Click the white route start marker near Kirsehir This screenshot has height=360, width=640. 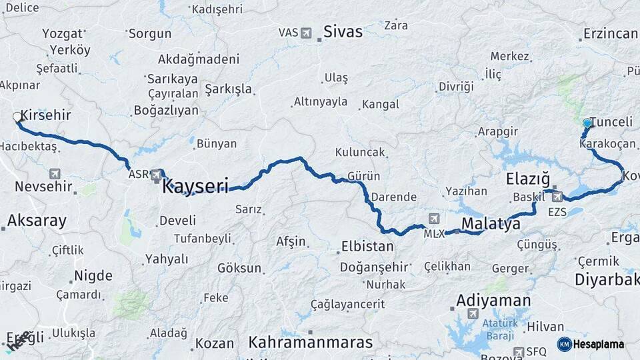(17, 117)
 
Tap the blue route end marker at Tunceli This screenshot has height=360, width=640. (587, 123)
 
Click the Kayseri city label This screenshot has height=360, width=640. (195, 185)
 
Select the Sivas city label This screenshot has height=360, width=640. (343, 31)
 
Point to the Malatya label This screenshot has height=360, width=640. (491, 223)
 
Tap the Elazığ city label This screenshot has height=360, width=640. (527, 179)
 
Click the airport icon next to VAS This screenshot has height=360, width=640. (306, 33)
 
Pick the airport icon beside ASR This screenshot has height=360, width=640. (157, 175)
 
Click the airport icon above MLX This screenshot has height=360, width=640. (435, 219)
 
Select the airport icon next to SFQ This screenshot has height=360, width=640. (519, 351)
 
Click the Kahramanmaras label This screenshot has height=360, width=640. (311, 343)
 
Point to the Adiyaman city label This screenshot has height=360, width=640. (493, 301)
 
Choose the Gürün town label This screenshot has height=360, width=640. (364, 177)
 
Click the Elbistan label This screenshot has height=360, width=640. (367, 246)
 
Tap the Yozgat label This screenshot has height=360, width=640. (63, 33)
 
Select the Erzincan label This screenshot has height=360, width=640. (610, 33)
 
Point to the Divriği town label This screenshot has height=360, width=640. (456, 87)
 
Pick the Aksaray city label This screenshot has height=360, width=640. (37, 221)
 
